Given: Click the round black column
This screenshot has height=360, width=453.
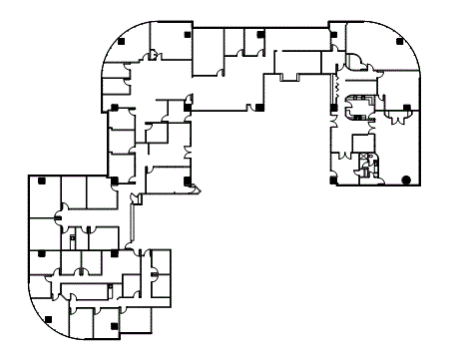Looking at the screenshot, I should (405, 180).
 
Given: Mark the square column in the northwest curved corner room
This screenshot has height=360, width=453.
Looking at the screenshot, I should (121, 42).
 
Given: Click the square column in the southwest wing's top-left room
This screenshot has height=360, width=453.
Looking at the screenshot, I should (42, 181).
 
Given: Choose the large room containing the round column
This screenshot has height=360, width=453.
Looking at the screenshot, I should (403, 150).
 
